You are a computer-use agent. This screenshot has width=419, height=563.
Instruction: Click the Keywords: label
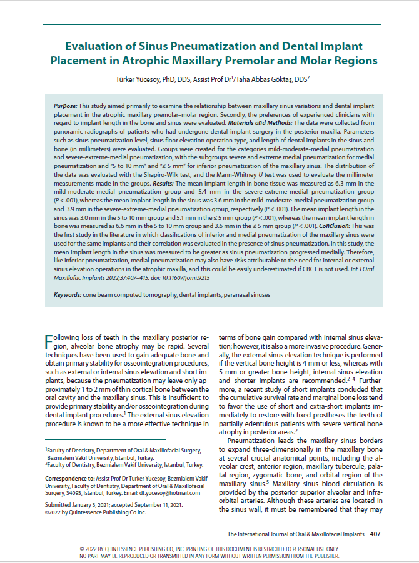click(70, 293)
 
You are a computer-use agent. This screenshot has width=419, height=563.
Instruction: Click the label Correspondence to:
click(69, 478)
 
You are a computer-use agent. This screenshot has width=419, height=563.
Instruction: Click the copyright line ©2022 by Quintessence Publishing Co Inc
click(95, 512)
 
